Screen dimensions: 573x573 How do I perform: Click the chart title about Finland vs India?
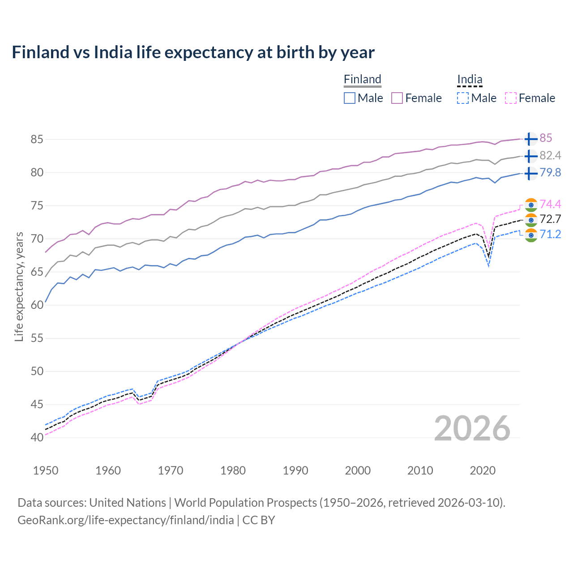(x=193, y=52)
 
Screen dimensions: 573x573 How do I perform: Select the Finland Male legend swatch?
(x=350, y=98)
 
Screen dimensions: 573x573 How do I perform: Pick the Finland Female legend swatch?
(x=397, y=98)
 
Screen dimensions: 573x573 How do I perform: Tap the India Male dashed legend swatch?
(x=463, y=98)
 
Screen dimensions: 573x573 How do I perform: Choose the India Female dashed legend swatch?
(x=511, y=98)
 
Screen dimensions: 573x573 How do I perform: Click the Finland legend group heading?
(x=363, y=79)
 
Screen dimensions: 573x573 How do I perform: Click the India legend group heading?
(x=470, y=79)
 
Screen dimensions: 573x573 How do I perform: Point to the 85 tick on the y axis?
(x=37, y=139)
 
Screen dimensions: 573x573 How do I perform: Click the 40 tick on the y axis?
(x=37, y=437)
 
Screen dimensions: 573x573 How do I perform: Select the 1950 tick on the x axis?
(x=46, y=470)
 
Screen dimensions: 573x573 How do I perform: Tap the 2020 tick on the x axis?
(x=483, y=470)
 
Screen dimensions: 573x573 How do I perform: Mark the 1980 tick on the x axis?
(x=233, y=470)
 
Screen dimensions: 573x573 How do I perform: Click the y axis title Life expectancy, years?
(x=19, y=286)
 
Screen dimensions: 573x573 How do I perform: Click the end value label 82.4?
(x=550, y=155)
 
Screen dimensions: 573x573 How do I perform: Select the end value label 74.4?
(x=550, y=204)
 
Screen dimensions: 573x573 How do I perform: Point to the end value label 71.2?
(x=550, y=234)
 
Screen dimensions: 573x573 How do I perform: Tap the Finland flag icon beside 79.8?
(x=530, y=173)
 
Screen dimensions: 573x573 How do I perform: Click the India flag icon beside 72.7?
(x=530, y=220)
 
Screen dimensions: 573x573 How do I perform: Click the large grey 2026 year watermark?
(x=472, y=428)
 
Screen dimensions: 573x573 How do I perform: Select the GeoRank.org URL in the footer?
(x=126, y=520)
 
